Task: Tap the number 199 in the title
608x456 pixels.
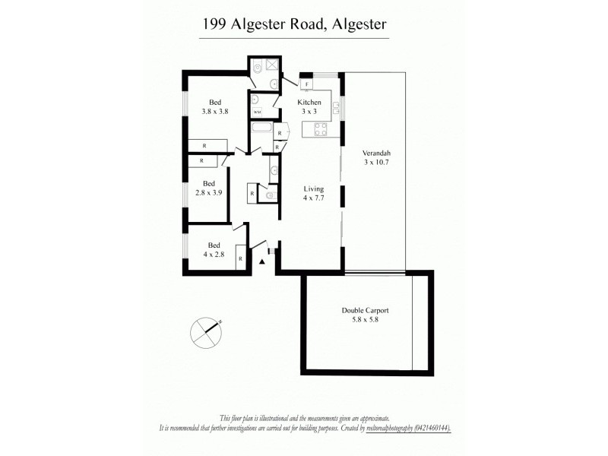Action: click(x=214, y=25)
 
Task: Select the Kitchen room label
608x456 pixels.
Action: click(x=309, y=103)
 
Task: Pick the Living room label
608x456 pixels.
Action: click(x=314, y=189)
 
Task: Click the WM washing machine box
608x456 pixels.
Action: click(x=256, y=112)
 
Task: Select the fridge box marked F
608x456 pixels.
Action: click(x=306, y=84)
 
